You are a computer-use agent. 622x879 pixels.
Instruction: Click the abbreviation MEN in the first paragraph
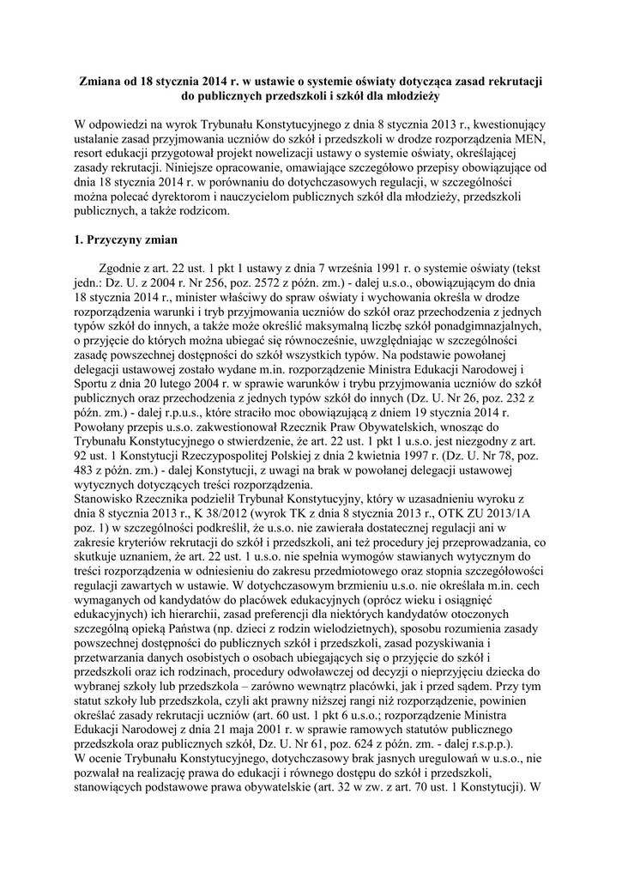(x=531, y=140)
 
